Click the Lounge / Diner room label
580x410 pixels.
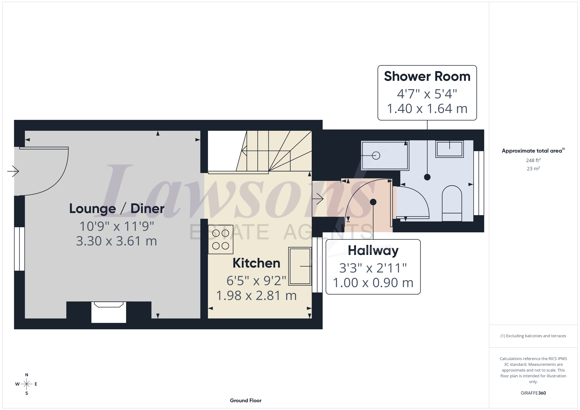117,209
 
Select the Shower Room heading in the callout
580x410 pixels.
427,76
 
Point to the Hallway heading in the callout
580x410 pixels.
373,251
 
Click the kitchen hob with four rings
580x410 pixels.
220,239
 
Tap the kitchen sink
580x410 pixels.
300,266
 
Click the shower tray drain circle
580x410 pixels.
376,156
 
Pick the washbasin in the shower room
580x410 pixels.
449,149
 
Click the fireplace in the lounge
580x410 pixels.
109,312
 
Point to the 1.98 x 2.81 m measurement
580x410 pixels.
256,296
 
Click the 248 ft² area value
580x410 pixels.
533,160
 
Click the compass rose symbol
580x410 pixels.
26,384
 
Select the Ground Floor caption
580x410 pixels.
246,400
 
